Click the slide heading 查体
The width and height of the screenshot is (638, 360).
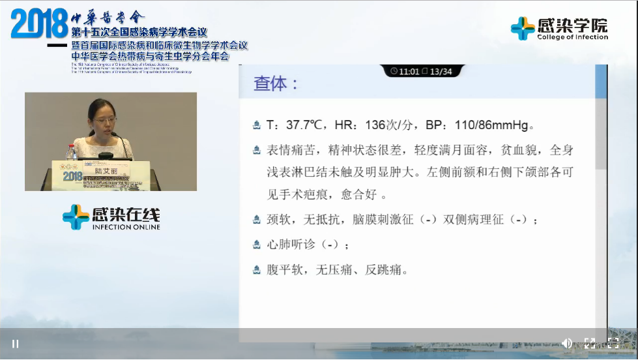click(276, 84)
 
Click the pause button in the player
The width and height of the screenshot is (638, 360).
click(15, 344)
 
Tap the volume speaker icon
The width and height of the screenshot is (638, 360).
click(566, 343)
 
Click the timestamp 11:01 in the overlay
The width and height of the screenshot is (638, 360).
click(409, 71)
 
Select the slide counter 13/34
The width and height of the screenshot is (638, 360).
click(441, 71)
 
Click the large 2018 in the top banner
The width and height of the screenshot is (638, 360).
click(39, 24)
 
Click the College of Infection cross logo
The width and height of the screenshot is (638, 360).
click(522, 29)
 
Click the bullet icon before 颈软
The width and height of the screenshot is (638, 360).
click(257, 220)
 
